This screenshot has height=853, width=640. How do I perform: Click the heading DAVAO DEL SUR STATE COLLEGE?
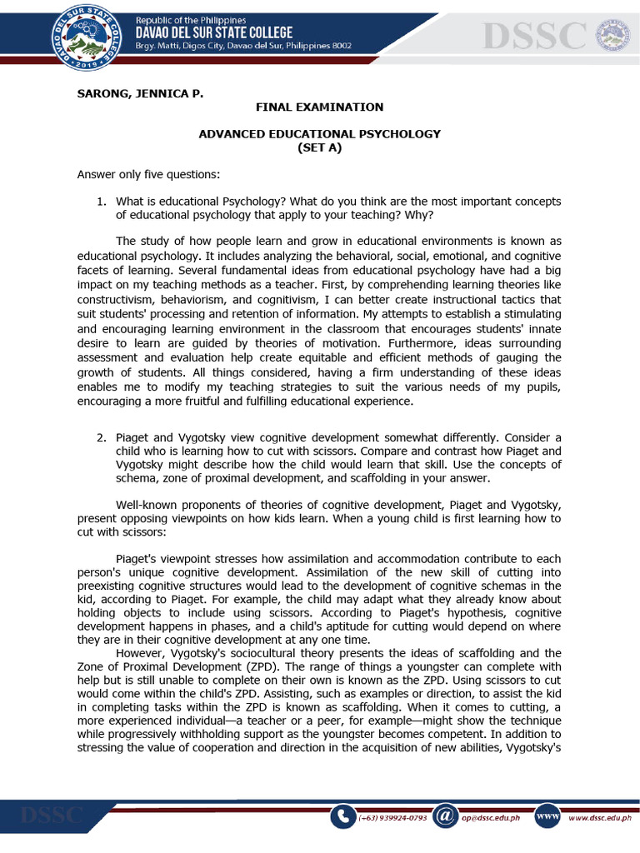tap(213, 32)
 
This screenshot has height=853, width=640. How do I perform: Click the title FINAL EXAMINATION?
tap(319, 107)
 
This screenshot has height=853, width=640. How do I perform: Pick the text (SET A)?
tap(319, 147)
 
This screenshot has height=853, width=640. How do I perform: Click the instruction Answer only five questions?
tap(148, 174)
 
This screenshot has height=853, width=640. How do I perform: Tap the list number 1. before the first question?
tap(102, 202)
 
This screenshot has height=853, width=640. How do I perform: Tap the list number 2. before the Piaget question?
tap(102, 438)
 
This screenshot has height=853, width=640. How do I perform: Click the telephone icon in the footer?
tap(342, 817)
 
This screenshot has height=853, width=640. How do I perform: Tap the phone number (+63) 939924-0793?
tap(392, 818)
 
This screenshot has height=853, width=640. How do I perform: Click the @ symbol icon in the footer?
tap(447, 817)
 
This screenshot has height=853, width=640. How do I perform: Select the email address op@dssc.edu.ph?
tap(490, 818)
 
